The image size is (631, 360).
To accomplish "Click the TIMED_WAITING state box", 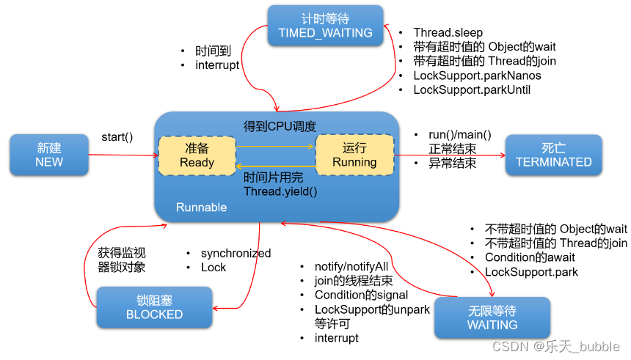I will tap(325, 25).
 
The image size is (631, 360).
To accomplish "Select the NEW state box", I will tap(49, 155).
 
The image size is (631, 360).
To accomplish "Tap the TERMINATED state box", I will tap(553, 155).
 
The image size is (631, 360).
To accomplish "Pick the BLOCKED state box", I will tap(154, 306).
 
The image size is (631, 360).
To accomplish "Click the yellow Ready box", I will tap(197, 155).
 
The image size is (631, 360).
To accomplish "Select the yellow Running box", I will tap(354, 155).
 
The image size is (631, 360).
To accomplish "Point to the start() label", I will tap(117, 137).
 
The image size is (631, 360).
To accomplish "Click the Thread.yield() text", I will tap(281, 191).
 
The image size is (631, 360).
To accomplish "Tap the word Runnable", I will tap(202, 207).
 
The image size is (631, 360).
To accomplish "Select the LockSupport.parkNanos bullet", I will tap(477, 76).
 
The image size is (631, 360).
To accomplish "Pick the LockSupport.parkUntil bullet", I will tap(472, 90).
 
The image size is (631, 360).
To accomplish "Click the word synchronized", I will tap(236, 253).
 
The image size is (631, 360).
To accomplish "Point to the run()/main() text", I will tap(460, 135).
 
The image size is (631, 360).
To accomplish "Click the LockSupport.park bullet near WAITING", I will tap(531, 272).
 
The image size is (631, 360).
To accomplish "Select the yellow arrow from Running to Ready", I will tap(275, 166).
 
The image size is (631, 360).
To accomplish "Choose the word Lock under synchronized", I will tap(214, 268).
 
